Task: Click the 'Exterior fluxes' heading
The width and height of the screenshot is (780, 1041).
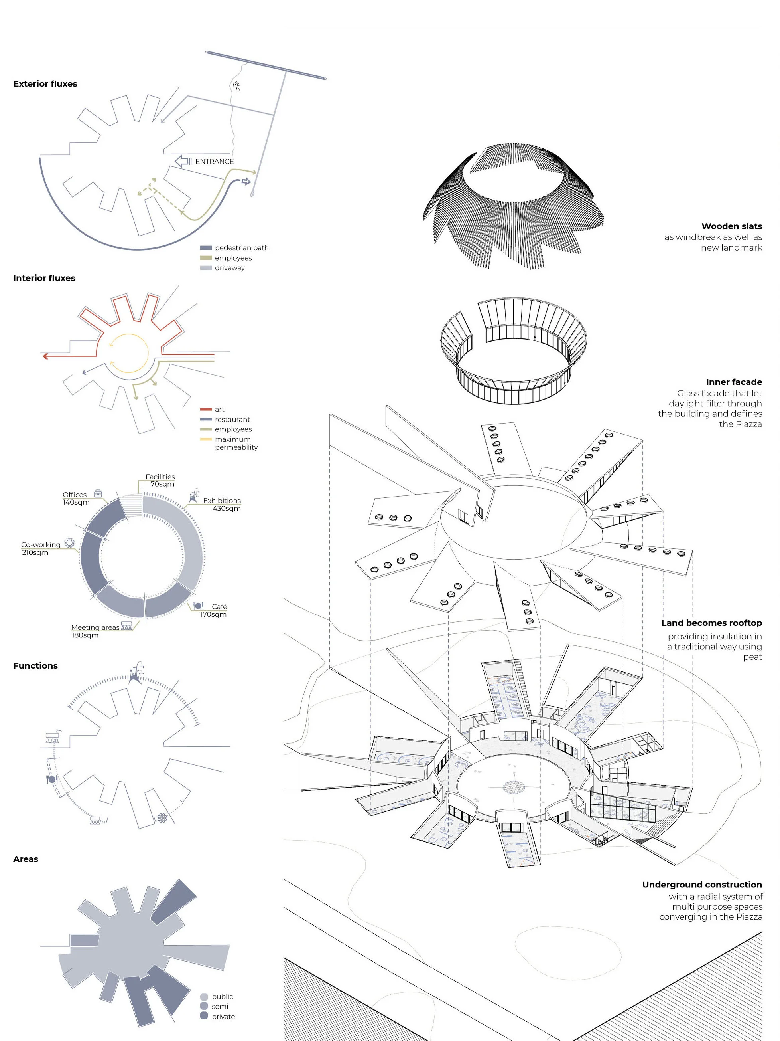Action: (45, 84)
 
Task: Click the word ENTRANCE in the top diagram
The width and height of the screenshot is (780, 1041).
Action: (215, 161)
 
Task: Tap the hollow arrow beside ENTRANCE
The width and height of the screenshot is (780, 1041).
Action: (182, 161)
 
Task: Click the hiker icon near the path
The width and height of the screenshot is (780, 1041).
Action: (236, 86)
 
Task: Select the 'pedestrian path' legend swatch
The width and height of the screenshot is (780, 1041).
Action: (206, 247)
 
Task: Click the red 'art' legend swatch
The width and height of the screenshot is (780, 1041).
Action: (206, 410)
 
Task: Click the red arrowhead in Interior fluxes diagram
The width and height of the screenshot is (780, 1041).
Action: (45, 356)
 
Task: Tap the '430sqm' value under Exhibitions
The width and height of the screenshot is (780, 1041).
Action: (226, 508)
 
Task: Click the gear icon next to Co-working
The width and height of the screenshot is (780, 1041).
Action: (69, 542)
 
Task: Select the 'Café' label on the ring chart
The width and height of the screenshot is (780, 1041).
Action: (219, 607)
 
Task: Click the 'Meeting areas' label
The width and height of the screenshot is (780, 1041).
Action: (95, 627)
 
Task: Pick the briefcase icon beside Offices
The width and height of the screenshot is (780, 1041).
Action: (98, 493)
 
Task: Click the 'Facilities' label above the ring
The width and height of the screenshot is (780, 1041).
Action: (160, 477)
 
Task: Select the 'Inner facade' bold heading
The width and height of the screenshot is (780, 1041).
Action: (733, 382)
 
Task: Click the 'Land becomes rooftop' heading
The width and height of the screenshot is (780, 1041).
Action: (711, 623)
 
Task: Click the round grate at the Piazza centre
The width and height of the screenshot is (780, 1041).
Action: (513, 786)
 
